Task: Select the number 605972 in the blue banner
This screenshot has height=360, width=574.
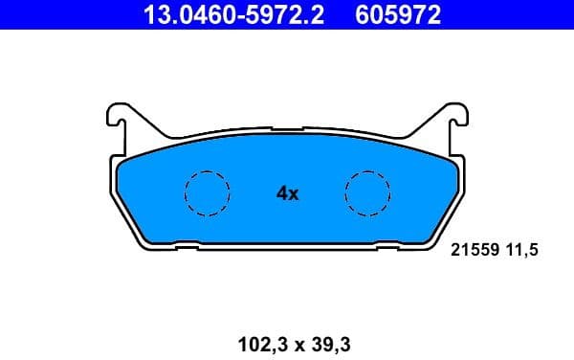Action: point(400,13)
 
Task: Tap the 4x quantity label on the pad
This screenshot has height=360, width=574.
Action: point(287,193)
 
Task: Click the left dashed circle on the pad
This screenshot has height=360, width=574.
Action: point(207,192)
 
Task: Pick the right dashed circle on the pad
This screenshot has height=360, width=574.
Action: point(368,192)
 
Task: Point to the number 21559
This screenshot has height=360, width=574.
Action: point(473,250)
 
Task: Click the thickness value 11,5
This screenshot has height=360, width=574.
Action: point(523,250)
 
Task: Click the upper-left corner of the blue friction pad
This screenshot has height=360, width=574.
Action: point(121,162)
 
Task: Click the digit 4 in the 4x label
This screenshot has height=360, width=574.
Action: point(281,193)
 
